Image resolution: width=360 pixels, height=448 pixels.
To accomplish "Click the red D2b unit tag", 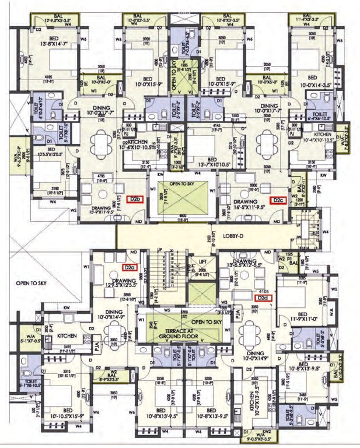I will (x=137, y=199).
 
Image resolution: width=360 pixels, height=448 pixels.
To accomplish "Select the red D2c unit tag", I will (x=278, y=200).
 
